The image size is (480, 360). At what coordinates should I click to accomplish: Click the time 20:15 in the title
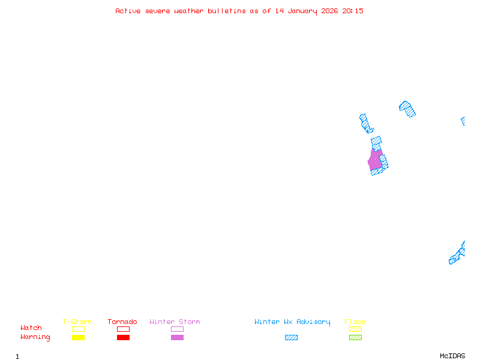click(353, 11)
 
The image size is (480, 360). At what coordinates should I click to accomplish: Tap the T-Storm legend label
click(77, 322)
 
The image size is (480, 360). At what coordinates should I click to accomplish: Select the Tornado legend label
click(122, 322)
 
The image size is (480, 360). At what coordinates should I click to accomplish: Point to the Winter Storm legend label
click(175, 322)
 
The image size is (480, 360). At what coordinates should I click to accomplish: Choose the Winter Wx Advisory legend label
click(292, 322)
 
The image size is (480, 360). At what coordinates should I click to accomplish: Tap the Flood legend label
click(355, 322)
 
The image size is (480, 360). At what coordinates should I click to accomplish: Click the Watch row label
click(31, 328)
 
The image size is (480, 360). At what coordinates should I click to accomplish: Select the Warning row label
click(35, 337)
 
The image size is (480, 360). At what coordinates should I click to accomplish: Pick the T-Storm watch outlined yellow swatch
click(78, 329)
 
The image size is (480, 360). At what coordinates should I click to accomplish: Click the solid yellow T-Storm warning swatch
click(78, 338)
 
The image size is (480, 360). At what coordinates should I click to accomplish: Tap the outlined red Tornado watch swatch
click(123, 329)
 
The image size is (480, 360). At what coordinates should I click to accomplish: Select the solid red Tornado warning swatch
click(123, 338)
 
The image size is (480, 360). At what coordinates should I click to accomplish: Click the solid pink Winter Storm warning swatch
click(177, 338)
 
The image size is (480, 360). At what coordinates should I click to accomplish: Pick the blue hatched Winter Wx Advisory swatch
click(291, 338)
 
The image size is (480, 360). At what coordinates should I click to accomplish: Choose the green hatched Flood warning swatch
click(355, 338)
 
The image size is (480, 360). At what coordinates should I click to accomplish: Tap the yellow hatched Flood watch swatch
click(355, 329)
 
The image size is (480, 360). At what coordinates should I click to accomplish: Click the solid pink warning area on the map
click(375, 161)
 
